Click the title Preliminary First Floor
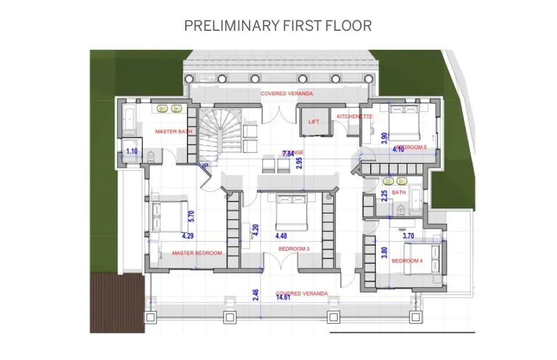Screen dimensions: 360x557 tap(278, 26)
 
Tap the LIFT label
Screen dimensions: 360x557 tap(314, 122)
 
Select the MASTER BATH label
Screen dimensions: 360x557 tap(173, 132)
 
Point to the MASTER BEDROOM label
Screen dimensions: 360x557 tap(197, 253)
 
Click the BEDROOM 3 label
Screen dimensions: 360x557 tap(294, 249)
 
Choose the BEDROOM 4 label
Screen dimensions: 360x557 tap(407, 261)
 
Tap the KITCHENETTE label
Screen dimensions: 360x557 tap(355, 117)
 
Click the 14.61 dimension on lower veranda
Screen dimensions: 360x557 tap(283, 297)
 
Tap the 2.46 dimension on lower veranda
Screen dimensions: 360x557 tap(256, 297)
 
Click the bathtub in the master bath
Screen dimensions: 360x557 tap(128, 121)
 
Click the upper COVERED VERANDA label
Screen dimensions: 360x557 tap(287, 93)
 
